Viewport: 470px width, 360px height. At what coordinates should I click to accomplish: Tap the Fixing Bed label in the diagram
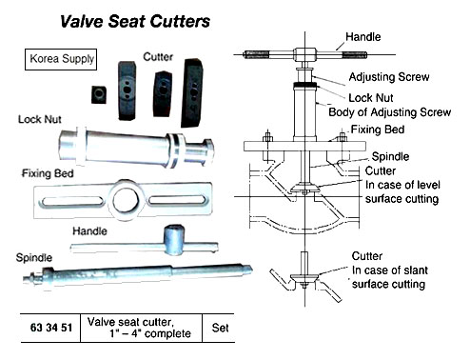(377, 130)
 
